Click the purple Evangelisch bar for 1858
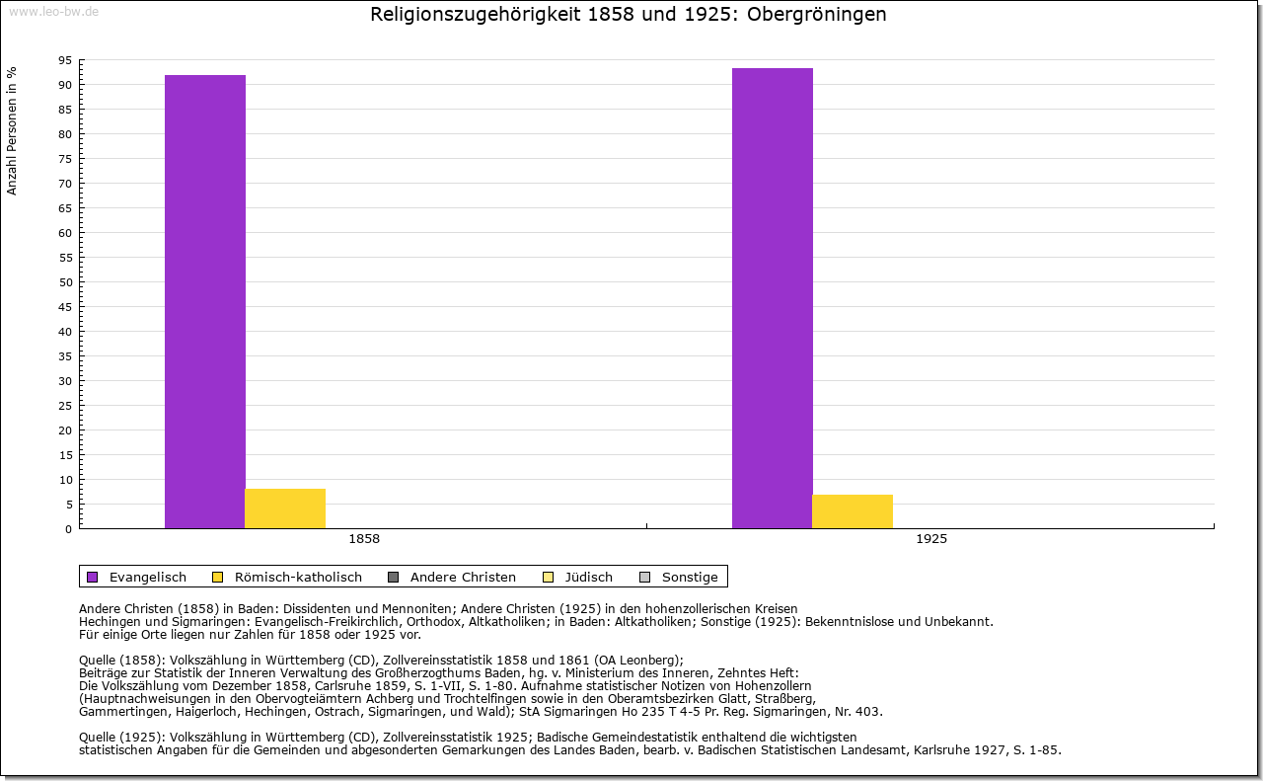click(205, 301)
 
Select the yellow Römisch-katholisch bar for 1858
click(285, 508)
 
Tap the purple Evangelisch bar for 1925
click(773, 298)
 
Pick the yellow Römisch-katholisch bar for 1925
click(853, 511)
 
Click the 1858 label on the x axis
click(364, 540)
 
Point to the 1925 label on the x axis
click(931, 540)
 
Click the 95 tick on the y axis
click(65, 60)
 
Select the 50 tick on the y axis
click(65, 282)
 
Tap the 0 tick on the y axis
click(68, 529)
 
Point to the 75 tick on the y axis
click(65, 159)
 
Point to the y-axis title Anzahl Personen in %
click(13, 130)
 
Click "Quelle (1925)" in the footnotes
click(121, 737)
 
